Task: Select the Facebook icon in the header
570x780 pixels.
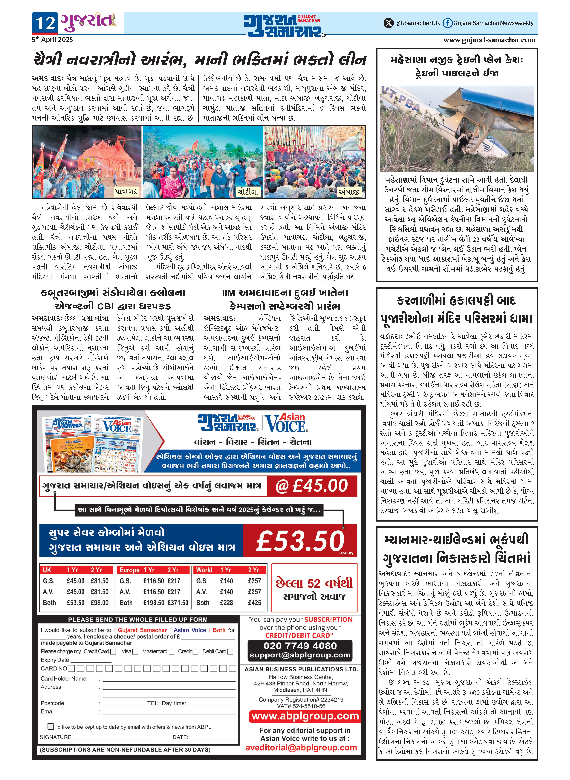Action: [448, 23]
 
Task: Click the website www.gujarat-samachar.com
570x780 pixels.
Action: [489, 40]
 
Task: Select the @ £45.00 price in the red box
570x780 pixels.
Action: [312, 486]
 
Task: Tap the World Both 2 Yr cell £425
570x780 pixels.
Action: [254, 603]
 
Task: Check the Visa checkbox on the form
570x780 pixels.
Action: [135, 652]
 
